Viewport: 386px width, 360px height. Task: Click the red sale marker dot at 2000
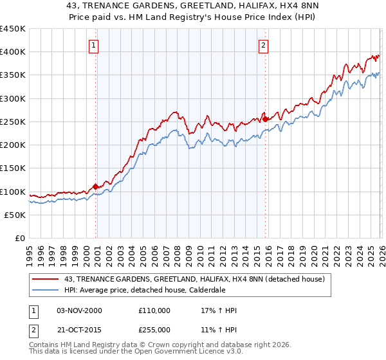[x=96, y=187]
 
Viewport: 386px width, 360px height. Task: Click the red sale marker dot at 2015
[x=265, y=119]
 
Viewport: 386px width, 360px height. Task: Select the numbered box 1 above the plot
[x=94, y=45]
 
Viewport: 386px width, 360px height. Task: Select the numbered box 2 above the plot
[x=264, y=45]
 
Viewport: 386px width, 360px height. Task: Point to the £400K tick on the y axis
[x=13, y=52]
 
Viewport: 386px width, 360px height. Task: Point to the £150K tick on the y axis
[x=13, y=168]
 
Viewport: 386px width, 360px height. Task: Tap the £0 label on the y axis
[x=19, y=239]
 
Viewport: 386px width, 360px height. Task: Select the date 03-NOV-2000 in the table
[x=79, y=310]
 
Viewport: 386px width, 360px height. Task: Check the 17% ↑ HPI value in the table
[x=219, y=310]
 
